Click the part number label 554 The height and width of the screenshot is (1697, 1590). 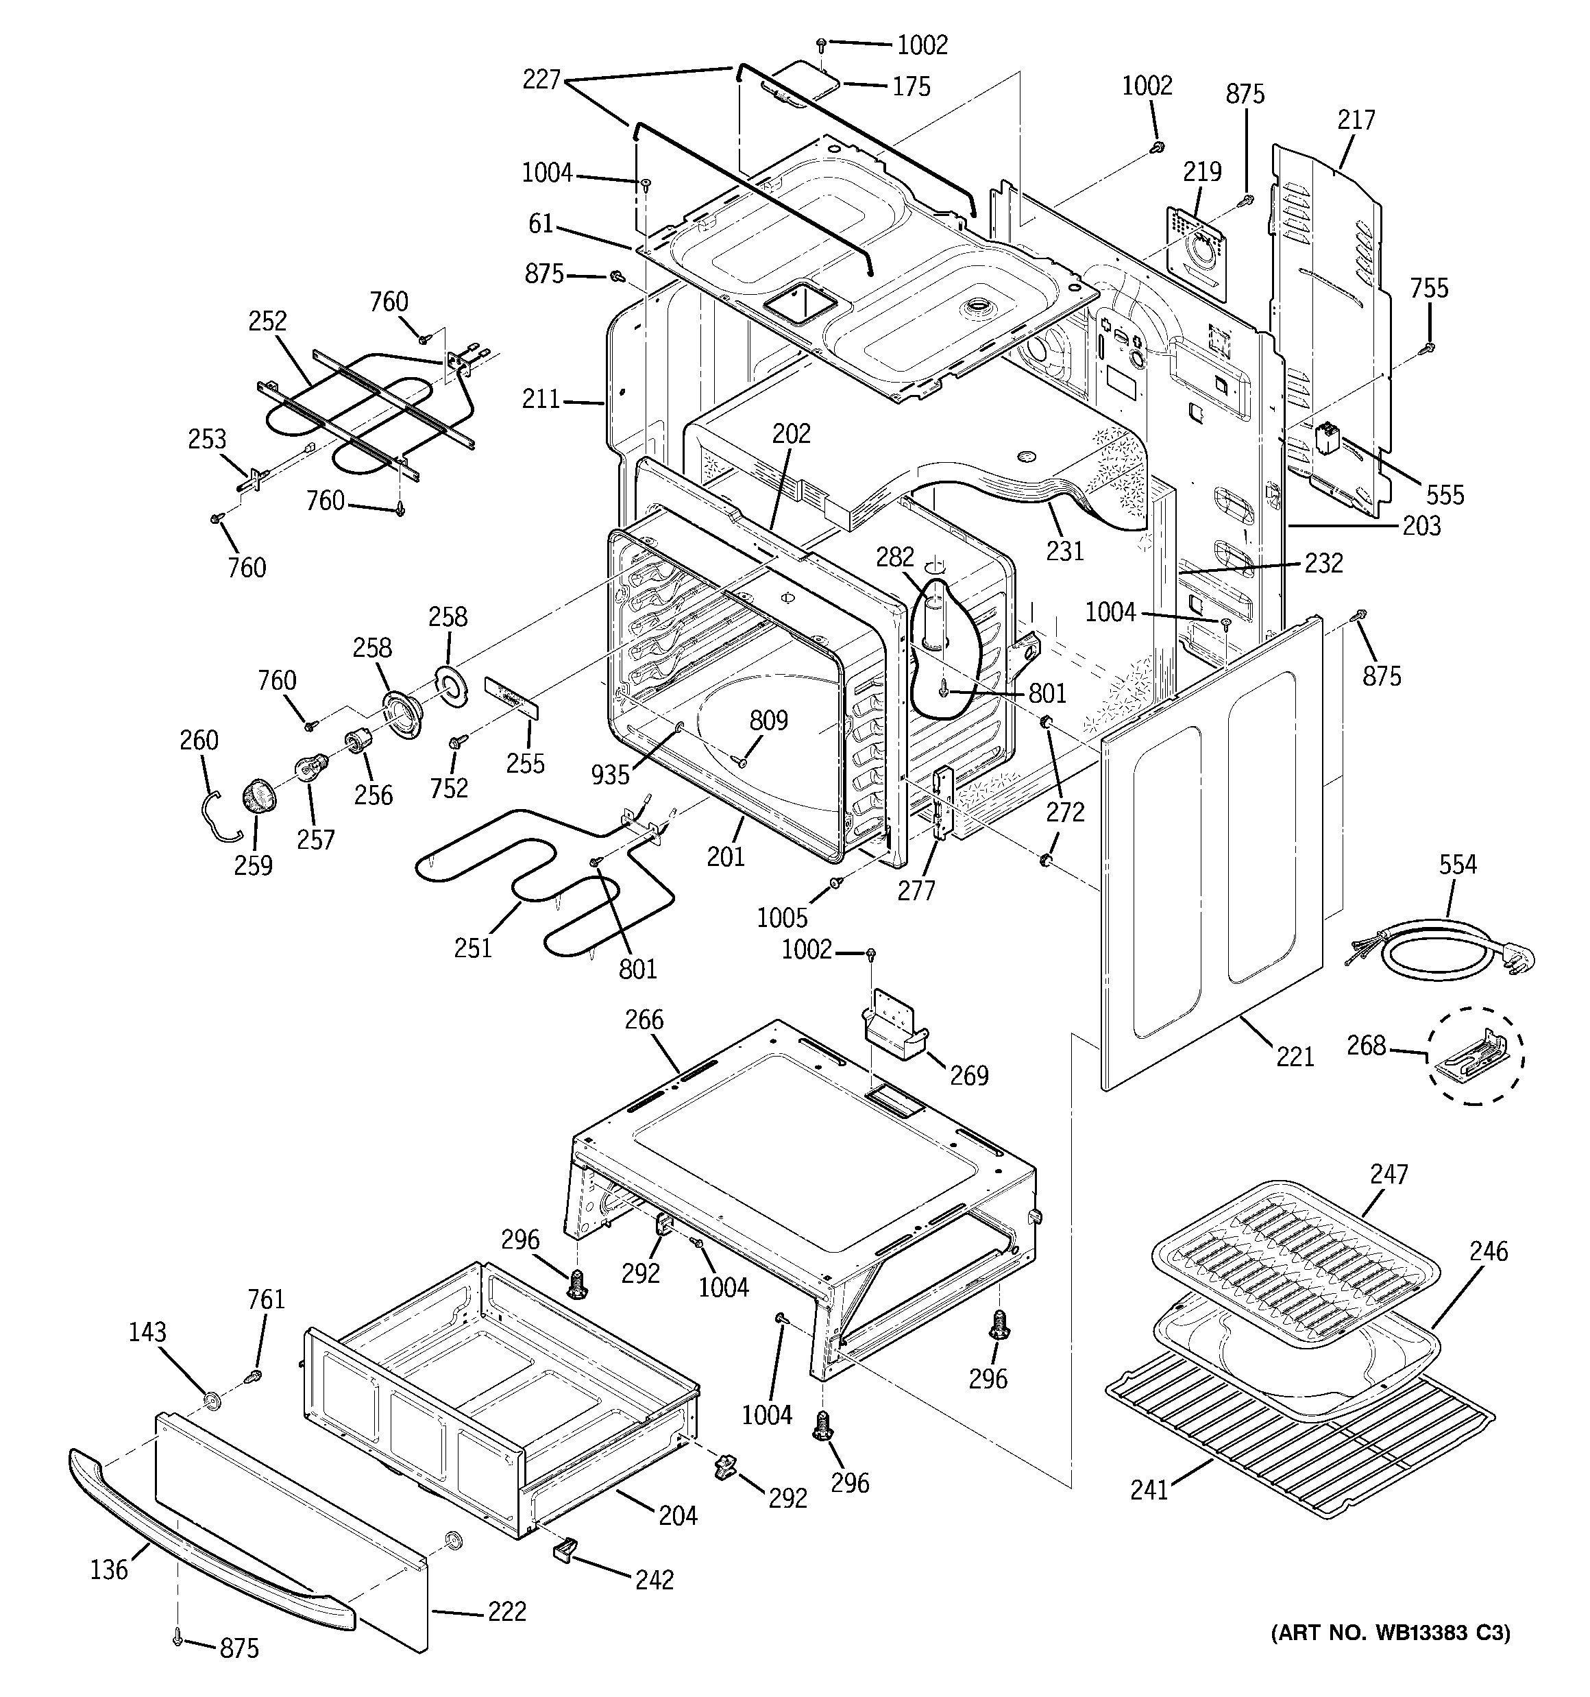(x=1457, y=865)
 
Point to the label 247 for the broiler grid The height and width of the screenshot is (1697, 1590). (x=1389, y=1175)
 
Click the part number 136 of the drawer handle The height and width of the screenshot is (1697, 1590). (x=109, y=1569)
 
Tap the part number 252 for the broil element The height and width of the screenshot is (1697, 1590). (x=267, y=322)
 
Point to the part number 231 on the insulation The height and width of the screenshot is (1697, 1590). (x=1065, y=551)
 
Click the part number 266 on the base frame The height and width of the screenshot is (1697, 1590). (x=644, y=1020)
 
